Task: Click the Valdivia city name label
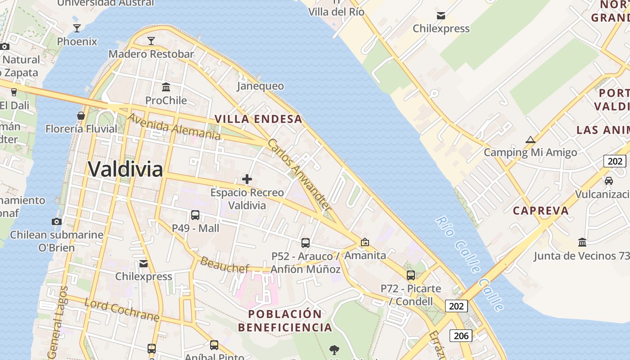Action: coord(125,169)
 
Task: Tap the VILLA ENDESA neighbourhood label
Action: coord(258,119)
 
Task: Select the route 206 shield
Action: coord(461,336)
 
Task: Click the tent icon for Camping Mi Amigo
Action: coord(531,139)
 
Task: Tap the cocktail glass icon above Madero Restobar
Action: coord(151,41)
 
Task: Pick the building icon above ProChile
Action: coord(166,87)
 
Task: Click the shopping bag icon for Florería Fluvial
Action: coord(81,116)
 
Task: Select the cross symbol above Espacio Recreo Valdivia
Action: coord(247,180)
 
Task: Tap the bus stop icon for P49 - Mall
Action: coord(195,215)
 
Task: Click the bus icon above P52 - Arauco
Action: coord(306,243)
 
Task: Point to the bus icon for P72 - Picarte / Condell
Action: coord(411,275)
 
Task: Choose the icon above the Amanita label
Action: coord(365,242)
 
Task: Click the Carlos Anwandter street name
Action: coord(299,175)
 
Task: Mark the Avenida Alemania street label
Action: coord(174,127)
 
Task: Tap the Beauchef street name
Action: coord(224,265)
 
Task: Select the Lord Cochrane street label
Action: coord(121,310)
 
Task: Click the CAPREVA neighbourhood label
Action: coord(541,211)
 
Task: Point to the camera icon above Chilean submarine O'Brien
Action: coord(57,221)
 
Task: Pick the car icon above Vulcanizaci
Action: coord(609,181)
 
